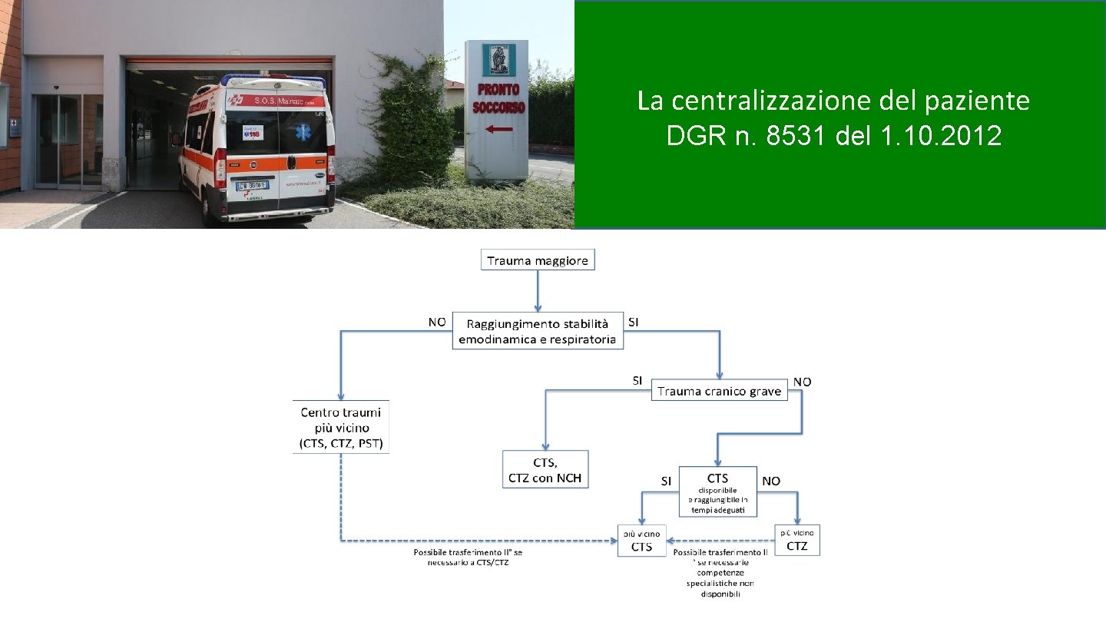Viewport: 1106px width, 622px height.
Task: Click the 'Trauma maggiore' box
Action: [x=538, y=260]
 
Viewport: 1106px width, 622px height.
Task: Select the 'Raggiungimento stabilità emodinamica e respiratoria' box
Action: [x=537, y=331]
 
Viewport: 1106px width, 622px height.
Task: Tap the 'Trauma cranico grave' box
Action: [x=720, y=391]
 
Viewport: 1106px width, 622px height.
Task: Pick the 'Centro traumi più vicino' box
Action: [x=341, y=428]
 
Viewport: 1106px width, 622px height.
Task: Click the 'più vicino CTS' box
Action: [x=641, y=541]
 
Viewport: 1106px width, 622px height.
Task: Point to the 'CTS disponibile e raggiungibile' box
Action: [x=717, y=491]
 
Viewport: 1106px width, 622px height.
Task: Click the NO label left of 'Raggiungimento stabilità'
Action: [x=436, y=323]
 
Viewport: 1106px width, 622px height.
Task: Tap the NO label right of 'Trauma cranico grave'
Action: [x=802, y=382]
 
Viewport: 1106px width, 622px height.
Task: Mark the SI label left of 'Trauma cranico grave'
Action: [x=637, y=380]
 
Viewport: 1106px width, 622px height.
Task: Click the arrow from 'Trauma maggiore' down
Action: [x=537, y=290]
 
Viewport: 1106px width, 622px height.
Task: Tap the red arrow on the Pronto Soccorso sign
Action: [x=499, y=130]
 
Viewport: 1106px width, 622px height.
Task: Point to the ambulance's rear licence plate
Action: [x=253, y=184]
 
